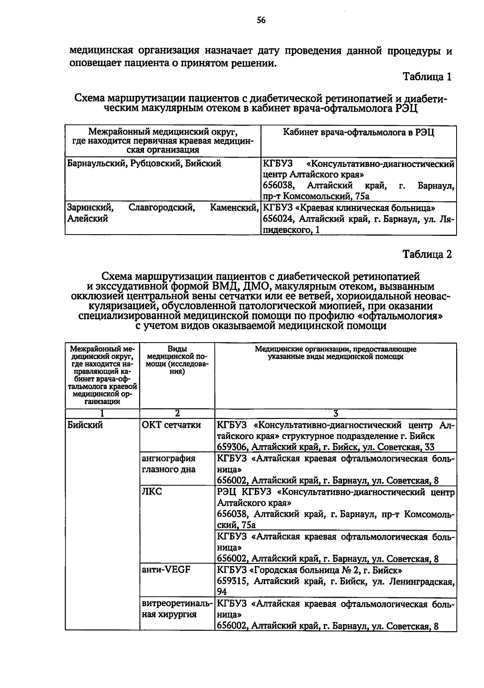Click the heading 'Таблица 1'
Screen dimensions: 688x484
tap(427, 77)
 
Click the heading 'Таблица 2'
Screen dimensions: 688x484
tap(427, 254)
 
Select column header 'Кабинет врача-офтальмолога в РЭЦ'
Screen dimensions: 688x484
tap(359, 132)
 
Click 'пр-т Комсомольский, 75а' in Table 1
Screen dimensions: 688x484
tap(316, 197)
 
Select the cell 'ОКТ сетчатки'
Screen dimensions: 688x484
tap(171, 425)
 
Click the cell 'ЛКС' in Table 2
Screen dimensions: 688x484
tap(152, 492)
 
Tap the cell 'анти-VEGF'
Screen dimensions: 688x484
tap(166, 570)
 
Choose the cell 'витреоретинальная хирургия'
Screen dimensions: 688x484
tap(177, 609)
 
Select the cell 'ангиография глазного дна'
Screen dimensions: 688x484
tap(169, 464)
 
